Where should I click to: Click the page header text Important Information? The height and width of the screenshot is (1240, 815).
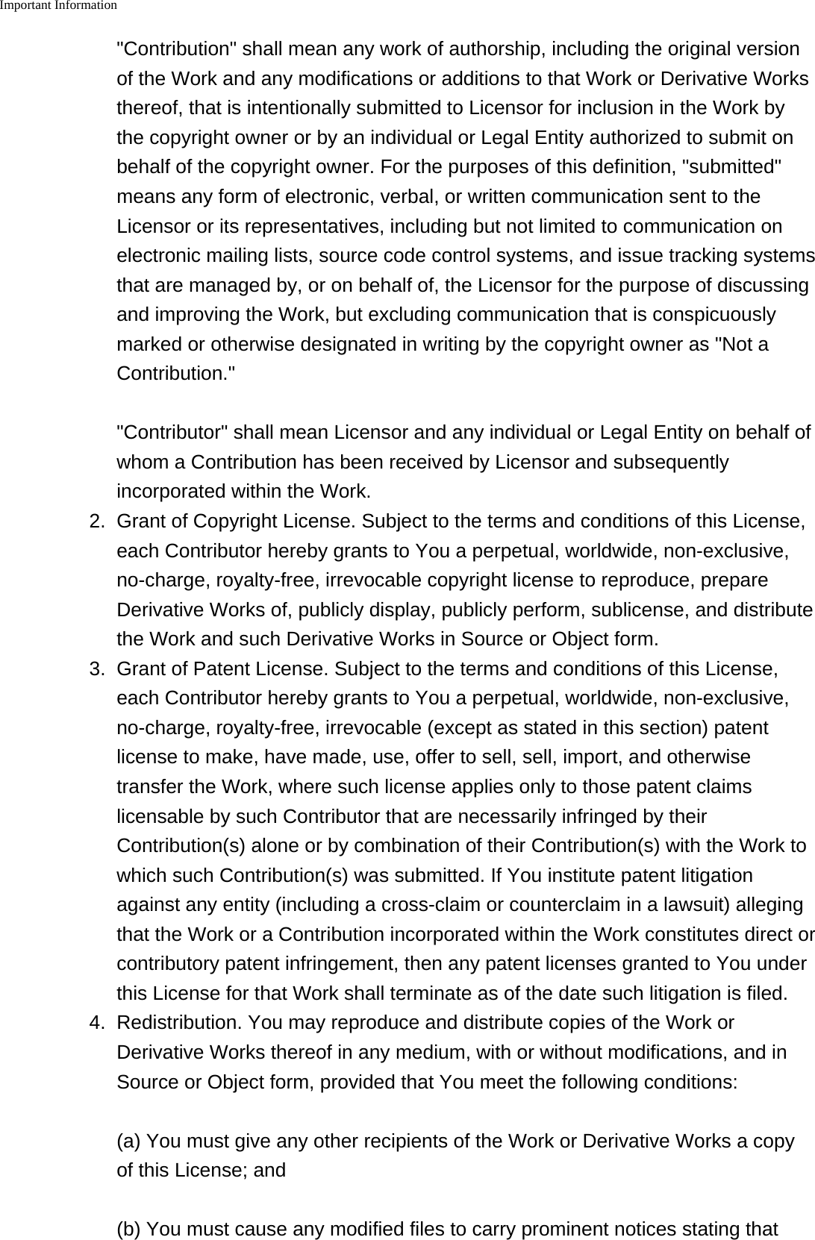(x=58, y=6)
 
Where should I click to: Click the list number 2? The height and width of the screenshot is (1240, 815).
(x=97, y=521)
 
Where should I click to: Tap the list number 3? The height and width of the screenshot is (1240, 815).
(x=97, y=668)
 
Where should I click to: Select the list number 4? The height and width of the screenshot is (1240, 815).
(x=97, y=1023)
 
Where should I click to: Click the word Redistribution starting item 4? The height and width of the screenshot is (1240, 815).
(x=179, y=1023)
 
